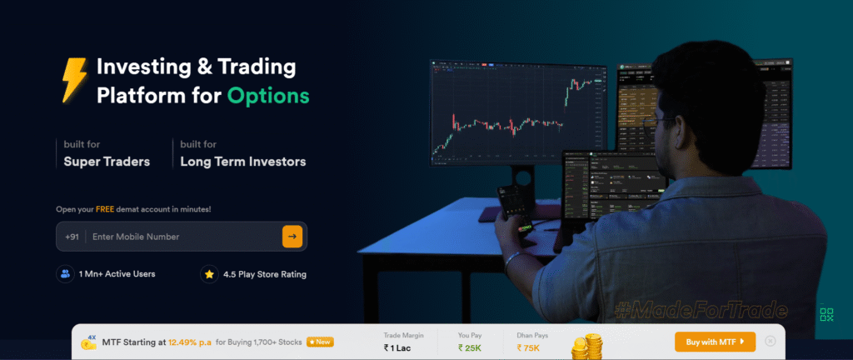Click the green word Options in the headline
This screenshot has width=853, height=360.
click(x=269, y=95)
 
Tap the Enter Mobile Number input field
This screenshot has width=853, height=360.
click(x=183, y=237)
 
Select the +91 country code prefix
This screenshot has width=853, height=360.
click(x=72, y=237)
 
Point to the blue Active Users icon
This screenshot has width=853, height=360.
click(x=65, y=273)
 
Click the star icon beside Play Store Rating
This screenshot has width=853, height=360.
click(x=209, y=273)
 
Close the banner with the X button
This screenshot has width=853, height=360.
click(x=771, y=341)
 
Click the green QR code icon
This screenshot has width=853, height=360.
click(x=826, y=314)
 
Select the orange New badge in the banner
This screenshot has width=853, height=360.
click(x=322, y=342)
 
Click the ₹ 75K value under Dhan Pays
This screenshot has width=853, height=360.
click(x=530, y=347)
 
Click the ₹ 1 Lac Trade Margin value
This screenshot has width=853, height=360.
click(x=397, y=347)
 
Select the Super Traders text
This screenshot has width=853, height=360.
click(x=107, y=162)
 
